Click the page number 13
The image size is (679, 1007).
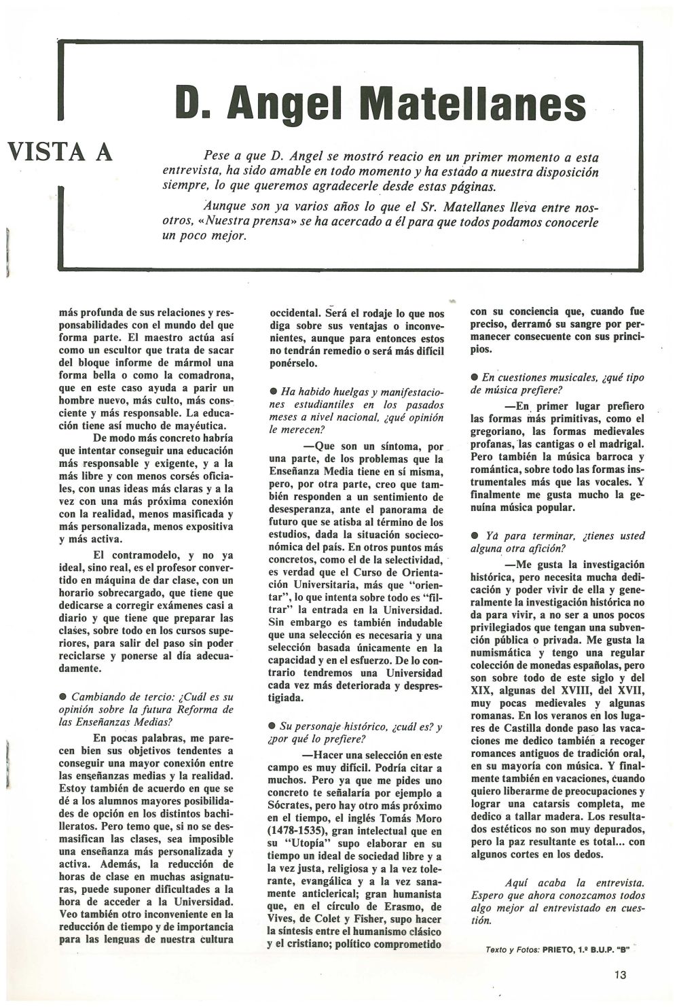pos(619,974)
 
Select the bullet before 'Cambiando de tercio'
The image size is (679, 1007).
pos(63,697)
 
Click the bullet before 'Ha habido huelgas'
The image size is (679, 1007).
pos(273,391)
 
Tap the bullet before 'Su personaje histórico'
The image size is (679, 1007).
pos(273,726)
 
